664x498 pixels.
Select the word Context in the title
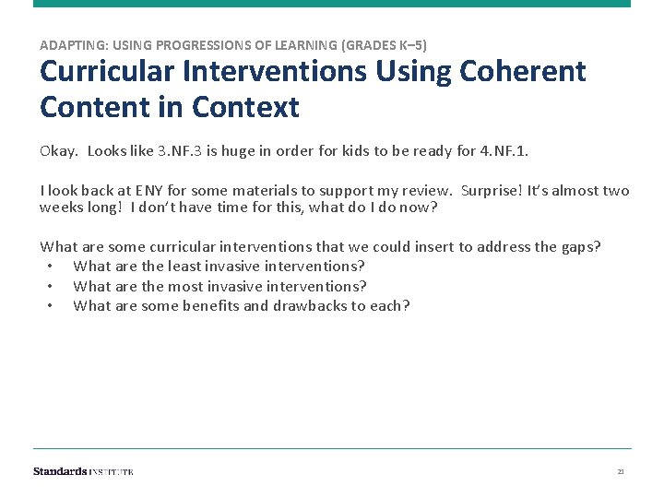coord(246,108)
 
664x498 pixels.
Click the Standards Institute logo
coord(83,471)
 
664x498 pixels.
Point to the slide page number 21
coord(621,471)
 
